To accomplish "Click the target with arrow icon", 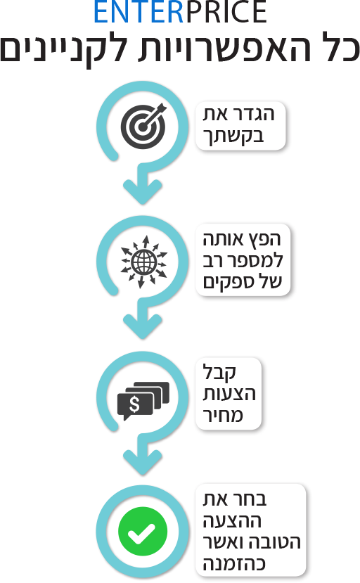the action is [x=144, y=126].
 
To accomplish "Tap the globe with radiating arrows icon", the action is [x=144, y=262].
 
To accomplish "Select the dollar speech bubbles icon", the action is [x=143, y=401].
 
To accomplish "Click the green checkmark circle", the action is [x=143, y=532].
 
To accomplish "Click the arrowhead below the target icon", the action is [x=143, y=191].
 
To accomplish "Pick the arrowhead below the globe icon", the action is [x=143, y=326].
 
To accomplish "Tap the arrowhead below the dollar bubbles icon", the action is [x=143, y=462].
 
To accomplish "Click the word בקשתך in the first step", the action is [x=233, y=137].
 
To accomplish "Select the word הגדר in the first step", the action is [x=255, y=114].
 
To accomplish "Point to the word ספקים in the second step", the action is [x=225, y=282].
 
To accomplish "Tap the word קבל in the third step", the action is [x=219, y=372].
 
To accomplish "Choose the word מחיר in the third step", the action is [x=223, y=415].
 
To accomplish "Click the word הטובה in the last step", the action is [x=274, y=542].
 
